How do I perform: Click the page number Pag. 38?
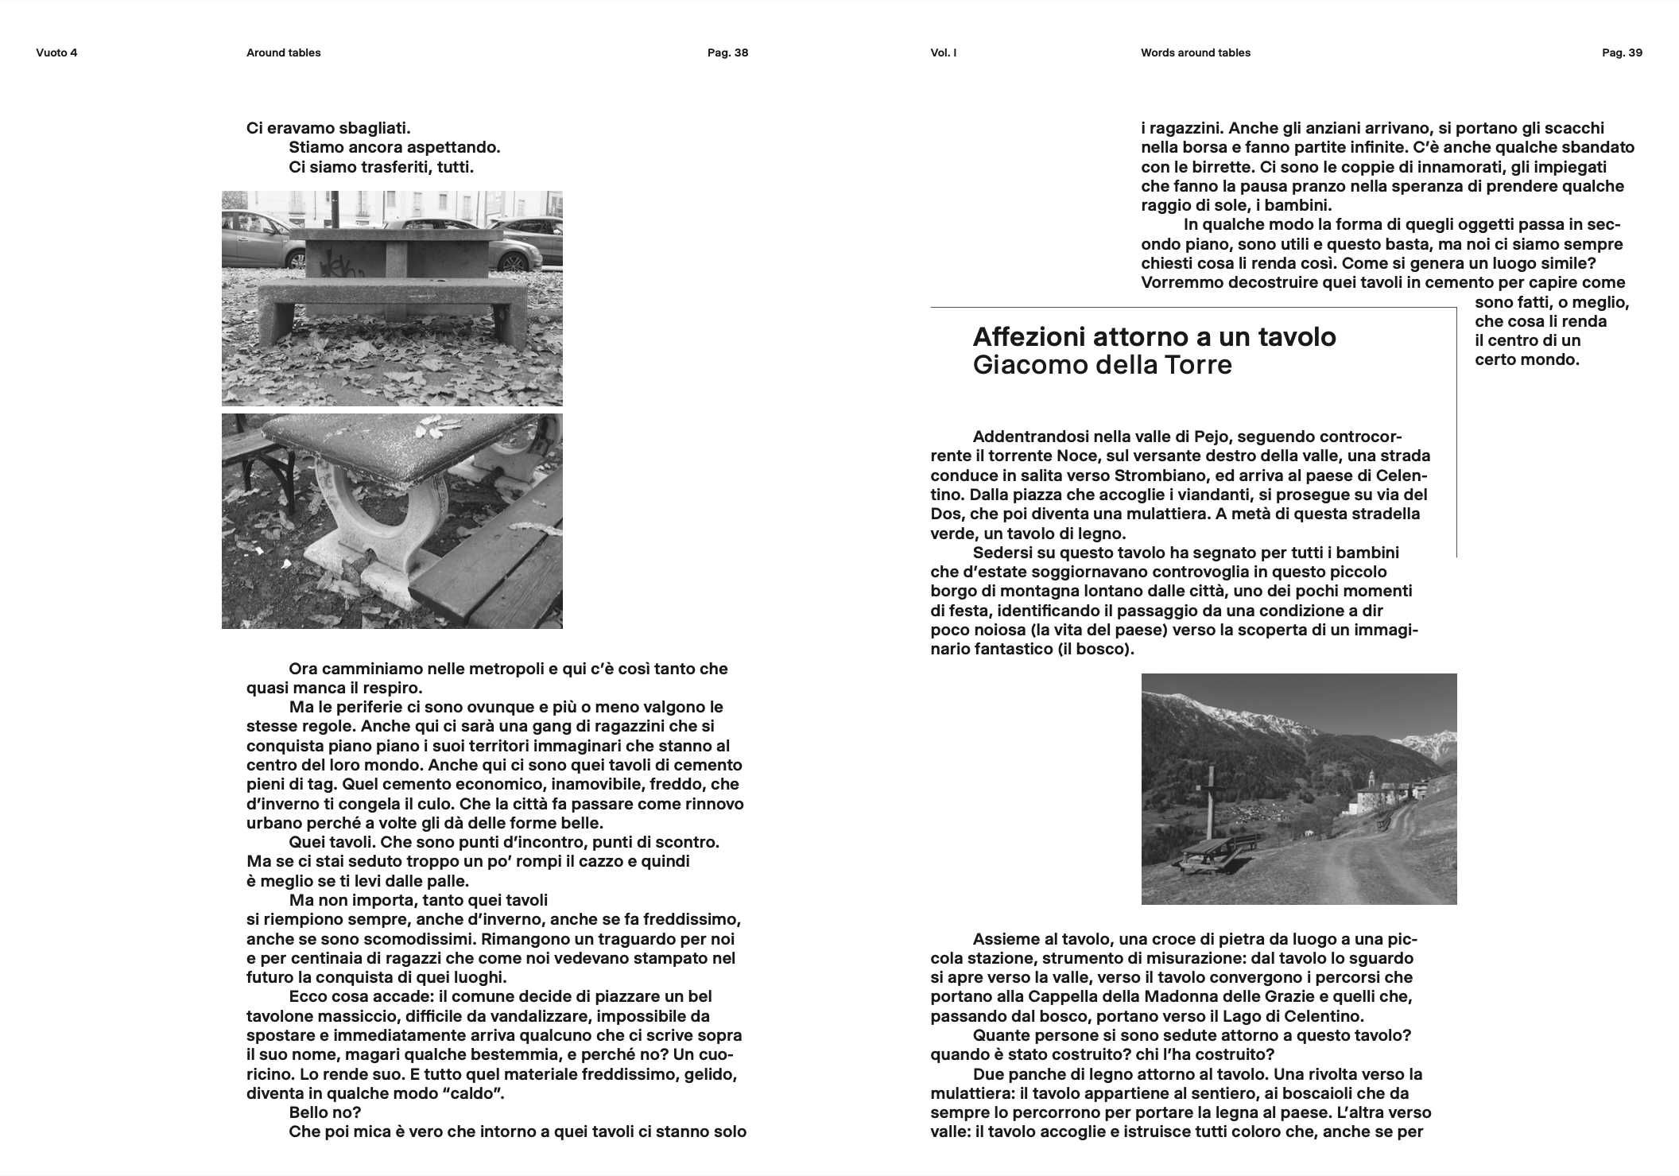point(727,53)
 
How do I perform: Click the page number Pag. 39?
point(1622,53)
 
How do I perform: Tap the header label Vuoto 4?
point(56,53)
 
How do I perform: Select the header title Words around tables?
point(1195,53)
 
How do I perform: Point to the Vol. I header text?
point(943,53)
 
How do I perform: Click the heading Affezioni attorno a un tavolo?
point(1154,337)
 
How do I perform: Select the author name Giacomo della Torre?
point(1102,365)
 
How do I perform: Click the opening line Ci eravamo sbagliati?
point(328,128)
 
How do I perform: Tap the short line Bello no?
point(324,1112)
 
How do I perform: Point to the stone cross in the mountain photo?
point(1211,803)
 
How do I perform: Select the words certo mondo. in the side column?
point(1526,359)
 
